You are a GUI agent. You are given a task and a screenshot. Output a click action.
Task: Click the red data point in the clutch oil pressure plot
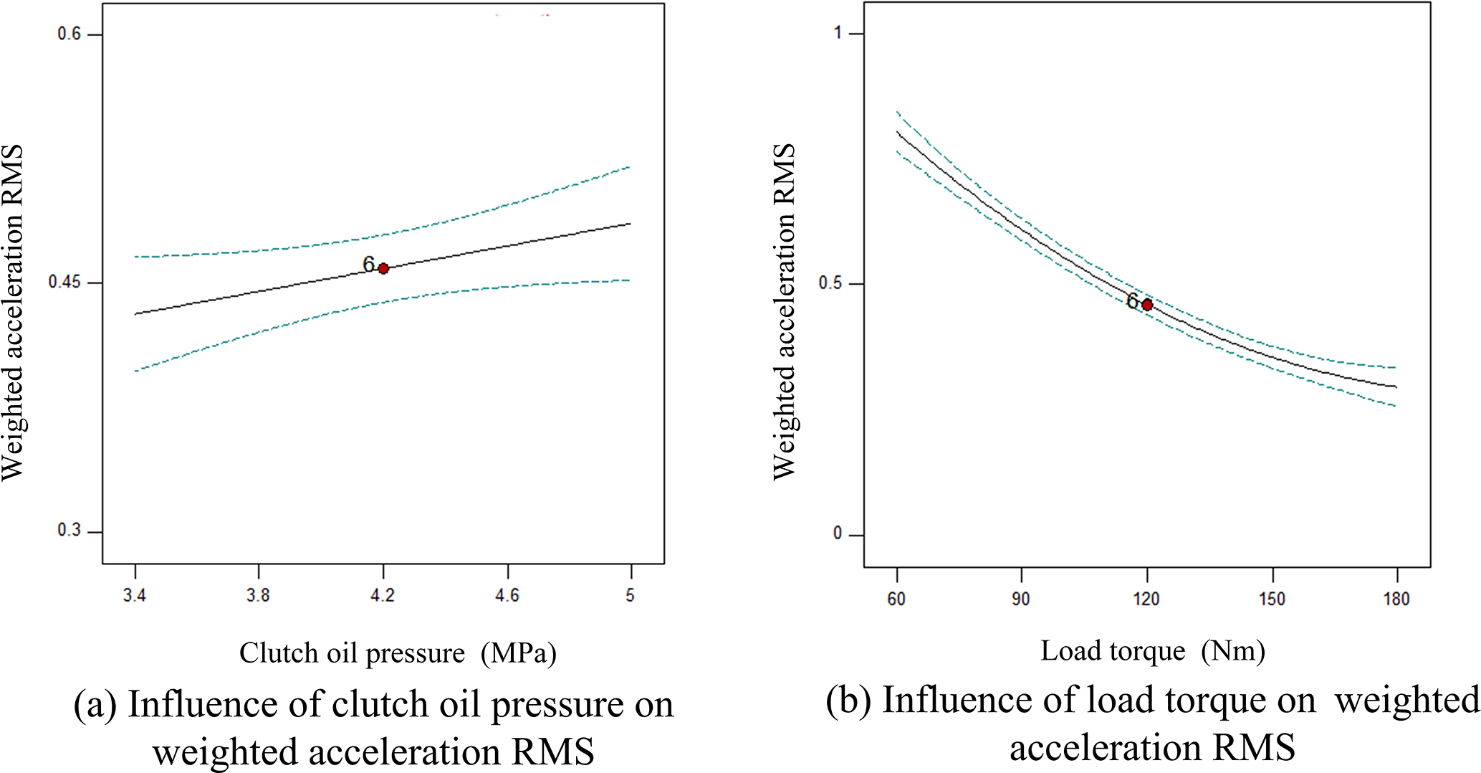tap(383, 268)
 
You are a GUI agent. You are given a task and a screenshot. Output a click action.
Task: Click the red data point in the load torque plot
tap(1147, 305)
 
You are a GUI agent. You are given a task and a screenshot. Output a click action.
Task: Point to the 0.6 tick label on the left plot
tap(69, 34)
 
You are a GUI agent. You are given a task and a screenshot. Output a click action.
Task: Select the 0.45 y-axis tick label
tap(64, 283)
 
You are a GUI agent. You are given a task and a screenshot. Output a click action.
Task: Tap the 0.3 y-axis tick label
tap(69, 531)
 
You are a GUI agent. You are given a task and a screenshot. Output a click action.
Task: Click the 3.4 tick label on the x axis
tap(135, 595)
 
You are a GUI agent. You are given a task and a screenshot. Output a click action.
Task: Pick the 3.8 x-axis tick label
tap(258, 595)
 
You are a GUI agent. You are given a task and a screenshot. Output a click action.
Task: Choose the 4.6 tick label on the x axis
tap(507, 595)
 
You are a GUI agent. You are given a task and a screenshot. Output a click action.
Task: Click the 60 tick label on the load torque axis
tap(896, 599)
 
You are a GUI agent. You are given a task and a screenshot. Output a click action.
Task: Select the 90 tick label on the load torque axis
tap(1021, 599)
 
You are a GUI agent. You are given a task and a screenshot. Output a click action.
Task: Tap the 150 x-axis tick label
tap(1272, 599)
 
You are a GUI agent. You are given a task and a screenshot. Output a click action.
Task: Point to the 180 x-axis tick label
tap(1396, 599)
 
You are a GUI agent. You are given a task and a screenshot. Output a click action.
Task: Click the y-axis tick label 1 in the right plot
tap(838, 33)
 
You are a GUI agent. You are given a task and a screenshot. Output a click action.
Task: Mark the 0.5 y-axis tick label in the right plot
tap(830, 283)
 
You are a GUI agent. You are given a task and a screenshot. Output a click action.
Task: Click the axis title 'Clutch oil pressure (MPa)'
tap(398, 653)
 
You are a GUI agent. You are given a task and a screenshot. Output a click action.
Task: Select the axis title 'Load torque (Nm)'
tap(1153, 651)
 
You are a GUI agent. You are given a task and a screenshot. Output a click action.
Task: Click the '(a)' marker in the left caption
tap(95, 705)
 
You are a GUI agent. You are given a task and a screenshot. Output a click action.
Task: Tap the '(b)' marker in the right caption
tap(848, 701)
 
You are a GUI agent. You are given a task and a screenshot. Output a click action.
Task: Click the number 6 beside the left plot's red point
tap(368, 265)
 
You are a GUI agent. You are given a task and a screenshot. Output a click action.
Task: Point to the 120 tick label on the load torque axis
tap(1146, 599)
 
